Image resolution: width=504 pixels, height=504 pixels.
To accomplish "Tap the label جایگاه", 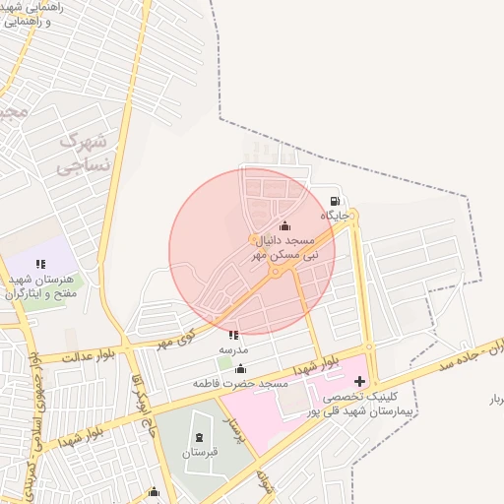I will click(335, 215).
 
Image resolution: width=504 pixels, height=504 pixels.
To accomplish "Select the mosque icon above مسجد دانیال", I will click(285, 226).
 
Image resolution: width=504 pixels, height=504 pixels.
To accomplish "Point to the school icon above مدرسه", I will click(233, 336).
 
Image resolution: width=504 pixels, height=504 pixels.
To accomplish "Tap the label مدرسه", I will click(233, 349).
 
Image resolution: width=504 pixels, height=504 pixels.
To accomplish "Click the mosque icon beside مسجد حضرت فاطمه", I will click(240, 368).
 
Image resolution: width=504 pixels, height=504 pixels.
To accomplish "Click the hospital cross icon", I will click(359, 381).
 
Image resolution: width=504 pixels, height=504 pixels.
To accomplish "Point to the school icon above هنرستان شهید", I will click(40, 264).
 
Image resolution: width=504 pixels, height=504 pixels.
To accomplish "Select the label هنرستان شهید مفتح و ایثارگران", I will click(45, 285).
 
